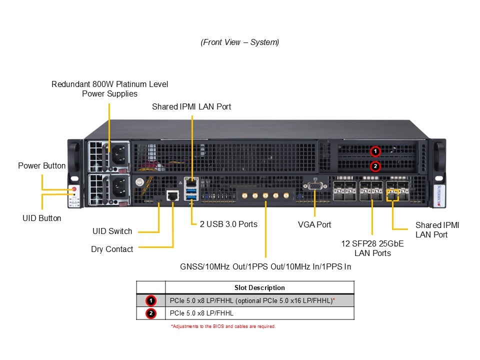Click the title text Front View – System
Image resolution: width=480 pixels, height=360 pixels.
(240, 42)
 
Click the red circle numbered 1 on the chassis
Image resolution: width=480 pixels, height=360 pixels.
(375, 151)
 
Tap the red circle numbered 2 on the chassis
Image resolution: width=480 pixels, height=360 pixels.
(375, 166)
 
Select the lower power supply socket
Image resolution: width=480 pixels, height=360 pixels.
(119, 188)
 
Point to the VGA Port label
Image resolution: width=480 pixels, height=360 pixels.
(314, 224)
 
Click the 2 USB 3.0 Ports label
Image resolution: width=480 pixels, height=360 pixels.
(228, 224)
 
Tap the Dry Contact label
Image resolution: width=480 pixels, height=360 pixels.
(112, 249)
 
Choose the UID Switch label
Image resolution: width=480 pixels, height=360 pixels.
(112, 231)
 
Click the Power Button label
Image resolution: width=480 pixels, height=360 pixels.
(42, 165)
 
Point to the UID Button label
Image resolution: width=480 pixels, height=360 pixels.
(42, 218)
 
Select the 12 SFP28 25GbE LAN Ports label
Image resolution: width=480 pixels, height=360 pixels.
(372, 248)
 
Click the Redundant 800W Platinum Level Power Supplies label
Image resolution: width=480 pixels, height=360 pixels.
(110, 89)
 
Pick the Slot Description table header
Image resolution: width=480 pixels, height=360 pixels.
(259, 287)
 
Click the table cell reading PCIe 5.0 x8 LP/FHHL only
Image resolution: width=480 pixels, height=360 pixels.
(201, 313)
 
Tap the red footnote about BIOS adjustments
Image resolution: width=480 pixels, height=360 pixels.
(223, 326)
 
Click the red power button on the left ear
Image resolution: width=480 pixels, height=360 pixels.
(74, 189)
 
